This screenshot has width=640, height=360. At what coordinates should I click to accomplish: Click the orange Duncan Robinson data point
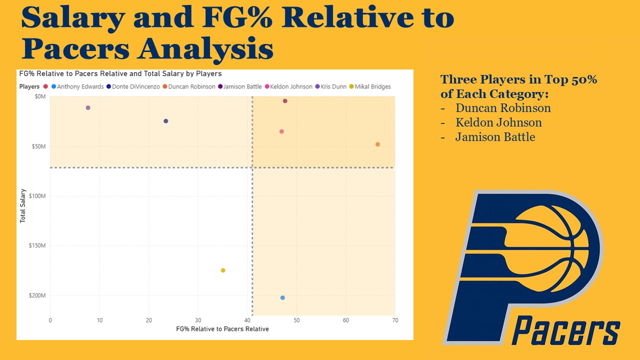(377, 144)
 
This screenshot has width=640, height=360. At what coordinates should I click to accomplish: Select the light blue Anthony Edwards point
(282, 297)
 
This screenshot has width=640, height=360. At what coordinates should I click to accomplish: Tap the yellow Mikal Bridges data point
(223, 270)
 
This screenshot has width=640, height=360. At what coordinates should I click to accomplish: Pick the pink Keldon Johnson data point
(281, 131)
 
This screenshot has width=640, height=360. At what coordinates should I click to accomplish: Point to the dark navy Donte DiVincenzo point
(165, 121)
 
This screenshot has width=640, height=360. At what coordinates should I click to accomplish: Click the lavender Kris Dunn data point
(88, 107)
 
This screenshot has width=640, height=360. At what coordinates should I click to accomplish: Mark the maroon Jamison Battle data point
(285, 101)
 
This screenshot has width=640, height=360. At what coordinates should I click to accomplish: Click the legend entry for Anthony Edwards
(77, 86)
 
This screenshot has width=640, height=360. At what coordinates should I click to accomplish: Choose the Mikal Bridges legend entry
(370, 86)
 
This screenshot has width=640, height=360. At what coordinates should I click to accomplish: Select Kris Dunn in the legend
(330, 86)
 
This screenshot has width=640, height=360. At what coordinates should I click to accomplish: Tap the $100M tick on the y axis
(37, 196)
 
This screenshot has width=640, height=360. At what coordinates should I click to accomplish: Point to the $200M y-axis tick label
(37, 295)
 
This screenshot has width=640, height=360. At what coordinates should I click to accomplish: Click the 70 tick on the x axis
(395, 320)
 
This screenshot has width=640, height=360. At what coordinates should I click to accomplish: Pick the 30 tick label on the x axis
(198, 320)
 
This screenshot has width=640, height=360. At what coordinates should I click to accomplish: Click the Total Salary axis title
(22, 205)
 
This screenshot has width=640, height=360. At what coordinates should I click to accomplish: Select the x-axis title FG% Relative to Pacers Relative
(222, 329)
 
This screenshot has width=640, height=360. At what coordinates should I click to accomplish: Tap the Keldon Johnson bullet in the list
(498, 122)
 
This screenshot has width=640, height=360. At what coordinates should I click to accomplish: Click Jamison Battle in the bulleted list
(495, 137)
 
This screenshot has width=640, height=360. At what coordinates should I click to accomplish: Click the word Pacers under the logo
(565, 330)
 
